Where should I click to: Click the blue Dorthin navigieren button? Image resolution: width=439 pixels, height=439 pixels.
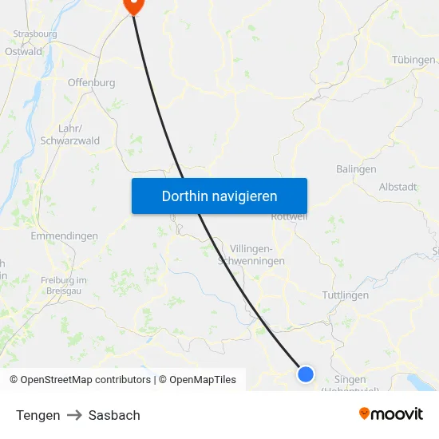point(219,196)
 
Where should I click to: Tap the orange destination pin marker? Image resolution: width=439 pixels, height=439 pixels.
point(132,5)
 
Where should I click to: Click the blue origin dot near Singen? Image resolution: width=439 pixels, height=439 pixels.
point(305,374)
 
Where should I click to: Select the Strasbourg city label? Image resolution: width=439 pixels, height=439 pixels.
point(34,34)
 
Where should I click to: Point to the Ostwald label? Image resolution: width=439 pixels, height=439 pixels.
point(23,51)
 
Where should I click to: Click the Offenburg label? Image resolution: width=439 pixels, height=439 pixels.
point(91,82)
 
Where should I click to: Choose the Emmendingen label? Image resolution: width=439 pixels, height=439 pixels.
point(64,236)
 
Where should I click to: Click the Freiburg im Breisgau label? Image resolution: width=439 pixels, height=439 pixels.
point(63,285)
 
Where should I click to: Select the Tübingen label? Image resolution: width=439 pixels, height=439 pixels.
point(413,60)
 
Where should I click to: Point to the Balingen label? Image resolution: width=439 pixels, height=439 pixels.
point(356,169)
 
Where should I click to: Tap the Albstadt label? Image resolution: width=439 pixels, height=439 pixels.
point(397,187)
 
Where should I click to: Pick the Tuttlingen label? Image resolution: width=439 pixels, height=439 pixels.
point(345,295)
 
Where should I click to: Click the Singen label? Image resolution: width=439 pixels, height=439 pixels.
point(350,380)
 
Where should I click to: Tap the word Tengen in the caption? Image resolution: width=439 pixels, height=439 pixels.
point(38,415)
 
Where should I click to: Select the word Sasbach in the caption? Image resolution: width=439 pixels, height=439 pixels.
point(114,415)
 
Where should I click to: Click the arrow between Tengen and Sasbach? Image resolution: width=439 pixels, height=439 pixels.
point(74,415)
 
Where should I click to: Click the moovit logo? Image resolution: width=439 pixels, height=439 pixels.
point(390,413)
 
